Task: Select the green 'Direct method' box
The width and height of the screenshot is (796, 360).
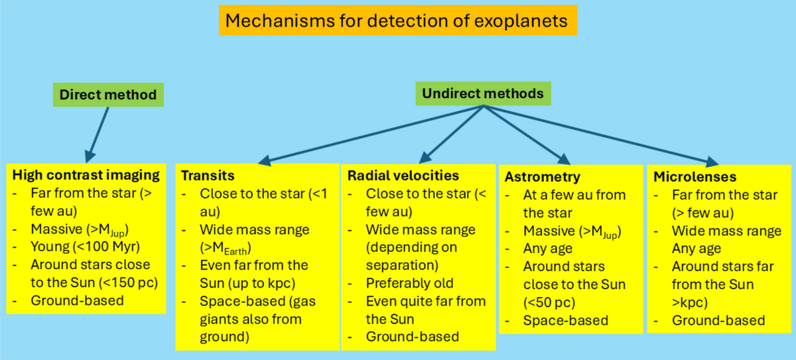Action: click(x=107, y=94)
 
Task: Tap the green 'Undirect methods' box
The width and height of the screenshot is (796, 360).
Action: click(x=484, y=93)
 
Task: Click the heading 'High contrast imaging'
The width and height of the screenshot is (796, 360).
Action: click(x=86, y=176)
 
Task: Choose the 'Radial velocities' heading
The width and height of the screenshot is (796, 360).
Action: click(x=403, y=176)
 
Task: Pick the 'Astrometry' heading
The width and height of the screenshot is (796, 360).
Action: click(x=543, y=177)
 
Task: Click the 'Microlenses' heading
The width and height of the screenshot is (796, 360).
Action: click(x=695, y=177)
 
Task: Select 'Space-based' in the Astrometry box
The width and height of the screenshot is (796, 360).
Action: click(x=566, y=320)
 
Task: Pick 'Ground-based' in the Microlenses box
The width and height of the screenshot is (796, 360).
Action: click(x=718, y=320)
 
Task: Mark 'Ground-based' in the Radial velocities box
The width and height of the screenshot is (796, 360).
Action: click(x=413, y=337)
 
